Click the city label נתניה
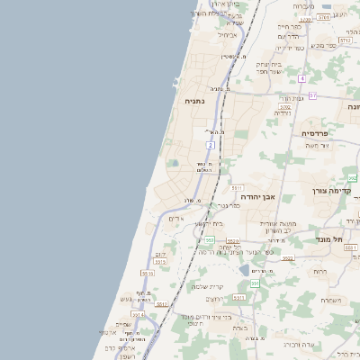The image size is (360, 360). (194, 102)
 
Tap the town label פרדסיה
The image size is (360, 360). (317, 133)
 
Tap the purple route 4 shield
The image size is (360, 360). (302, 78)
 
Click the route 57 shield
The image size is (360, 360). (312, 95)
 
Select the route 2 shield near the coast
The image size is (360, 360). (210, 145)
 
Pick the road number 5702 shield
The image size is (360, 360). (344, 41)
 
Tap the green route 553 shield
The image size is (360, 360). (209, 240)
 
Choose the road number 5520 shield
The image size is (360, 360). (232, 241)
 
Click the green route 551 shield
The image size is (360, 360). (255, 283)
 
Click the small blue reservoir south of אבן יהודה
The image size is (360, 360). (245, 269)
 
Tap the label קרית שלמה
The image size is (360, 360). (208, 286)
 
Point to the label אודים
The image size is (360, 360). (176, 219)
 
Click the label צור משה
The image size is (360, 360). (317, 145)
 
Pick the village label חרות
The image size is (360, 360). (319, 271)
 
